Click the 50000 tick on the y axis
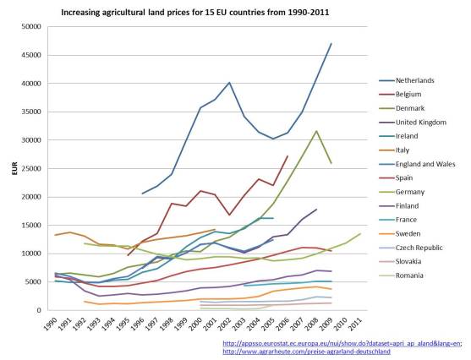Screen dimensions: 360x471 [x=32, y=27]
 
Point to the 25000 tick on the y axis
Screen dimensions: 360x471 [x=32, y=169]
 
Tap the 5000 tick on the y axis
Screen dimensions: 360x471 [x=35, y=282]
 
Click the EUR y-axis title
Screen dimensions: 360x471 [x=13, y=169]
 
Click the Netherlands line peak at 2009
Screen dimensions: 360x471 [x=331, y=43]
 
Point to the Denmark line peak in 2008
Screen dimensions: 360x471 [x=316, y=131]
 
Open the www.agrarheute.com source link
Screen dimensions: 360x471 [x=306, y=352]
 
